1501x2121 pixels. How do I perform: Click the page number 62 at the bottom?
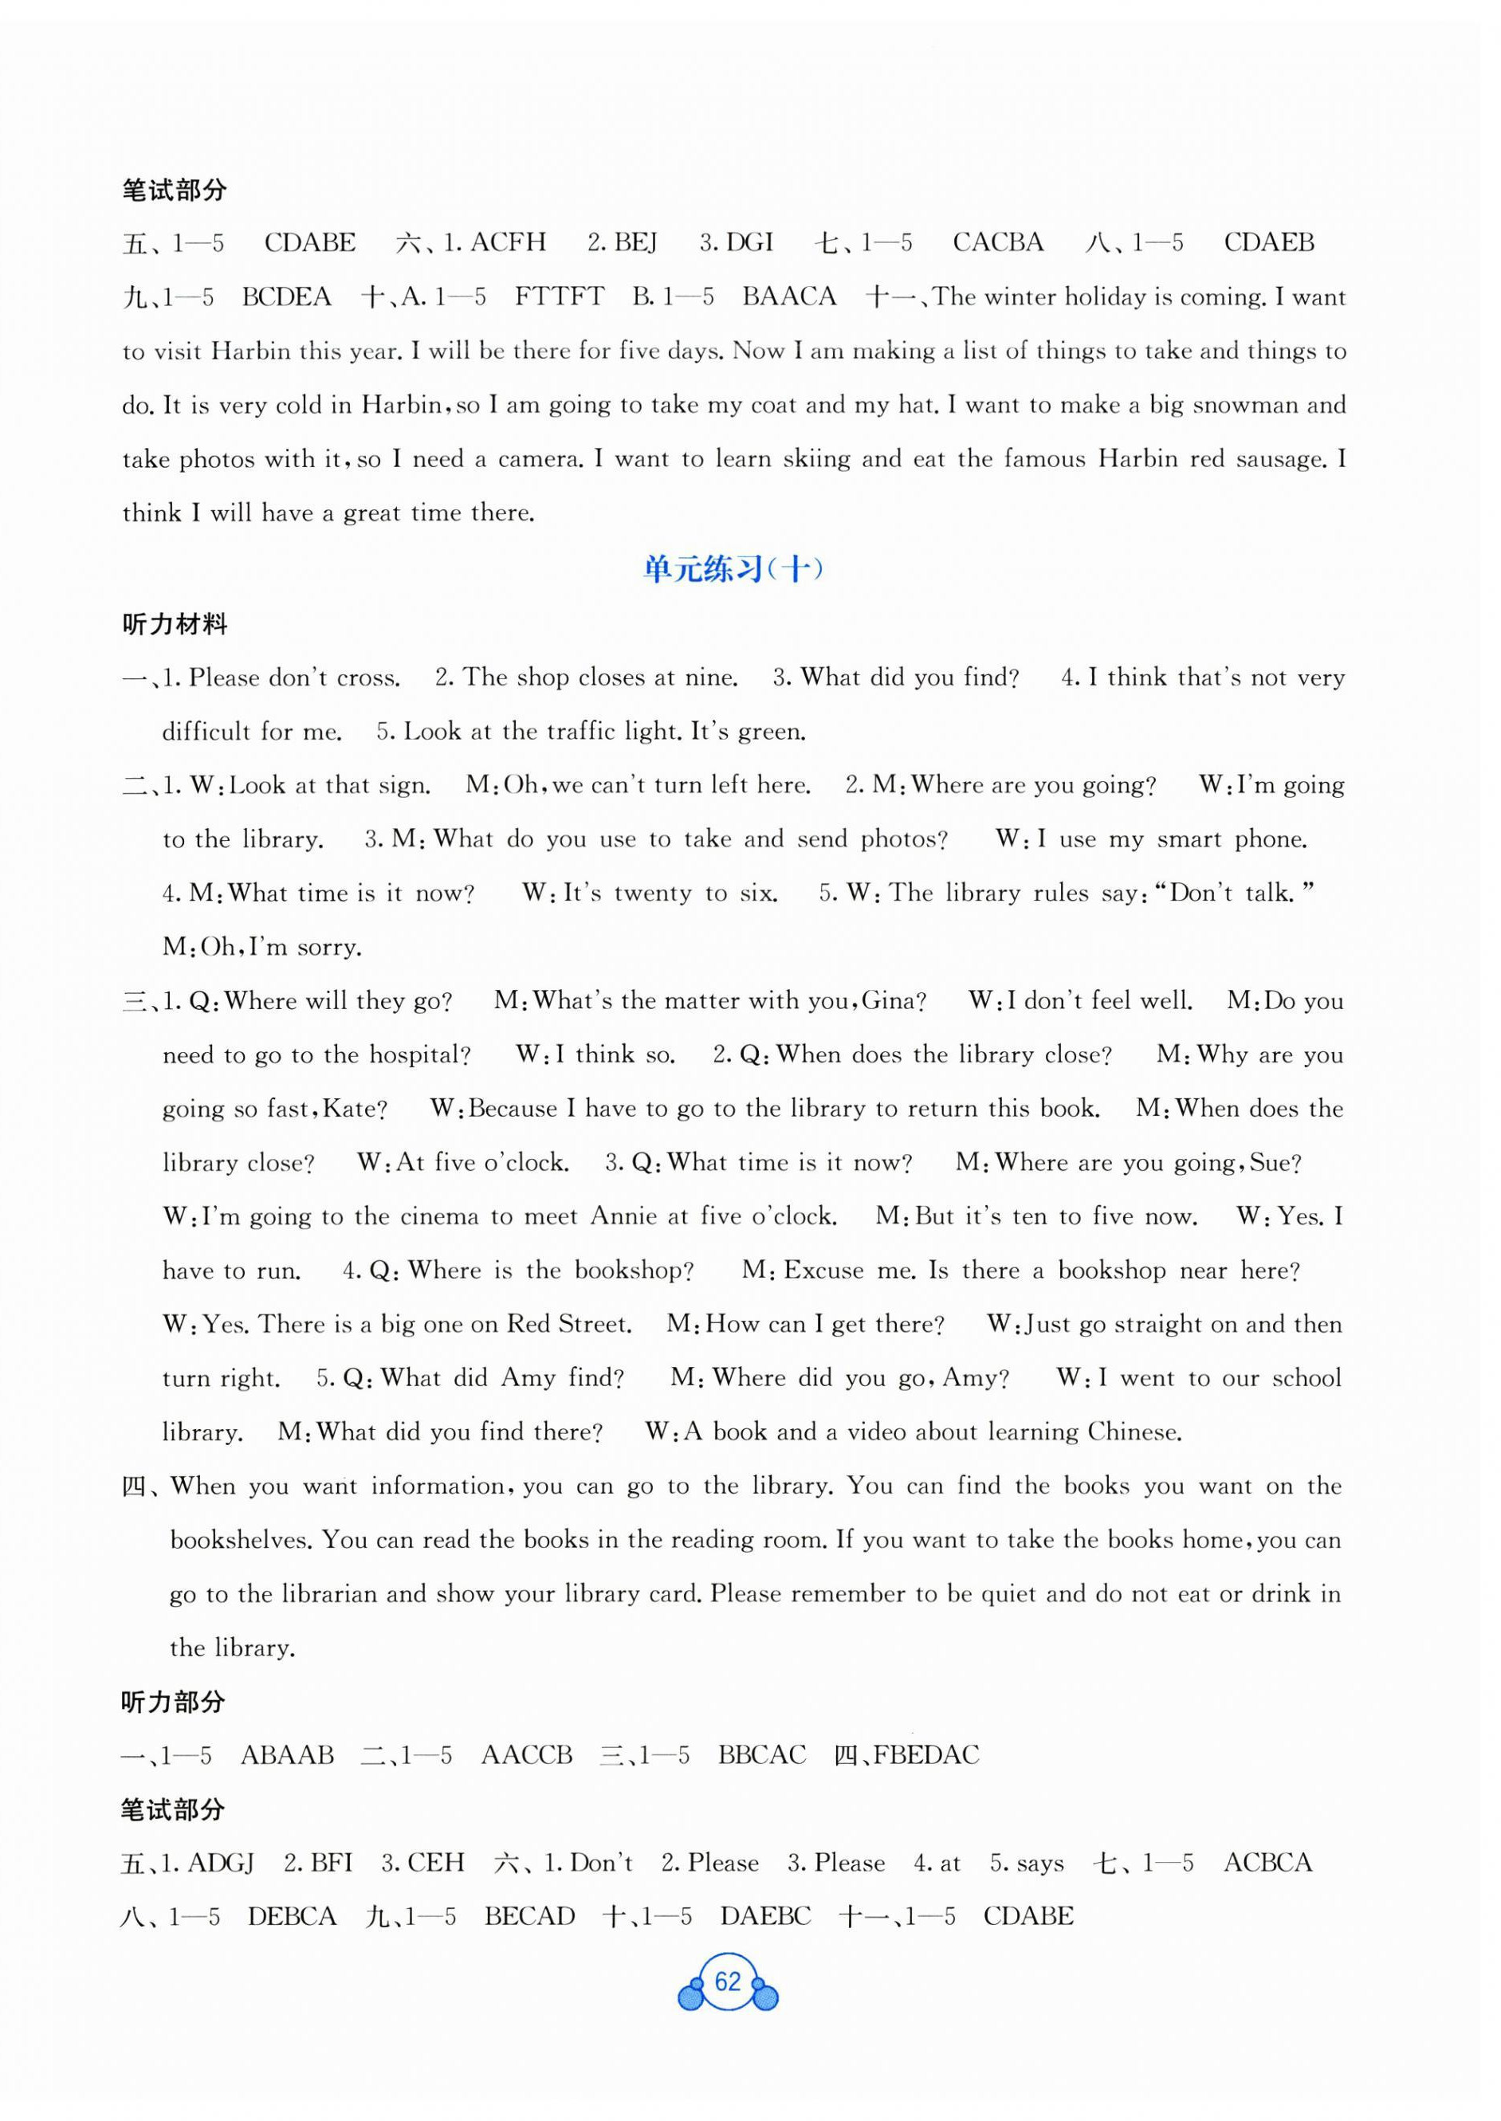click(x=728, y=1982)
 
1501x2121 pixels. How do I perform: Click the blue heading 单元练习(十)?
click(x=733, y=569)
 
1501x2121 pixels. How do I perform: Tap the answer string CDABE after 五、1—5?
click(x=309, y=243)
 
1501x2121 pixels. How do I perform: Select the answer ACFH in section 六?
click(x=508, y=243)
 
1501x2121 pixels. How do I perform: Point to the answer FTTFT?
click(x=559, y=297)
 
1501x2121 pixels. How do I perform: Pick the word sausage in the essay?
click(x=1279, y=459)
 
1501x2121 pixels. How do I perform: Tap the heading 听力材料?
click(x=174, y=625)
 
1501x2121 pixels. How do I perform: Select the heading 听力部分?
click(x=174, y=1703)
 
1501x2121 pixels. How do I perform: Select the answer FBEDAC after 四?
click(x=926, y=1755)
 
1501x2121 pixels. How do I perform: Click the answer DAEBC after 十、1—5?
click(x=765, y=1917)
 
